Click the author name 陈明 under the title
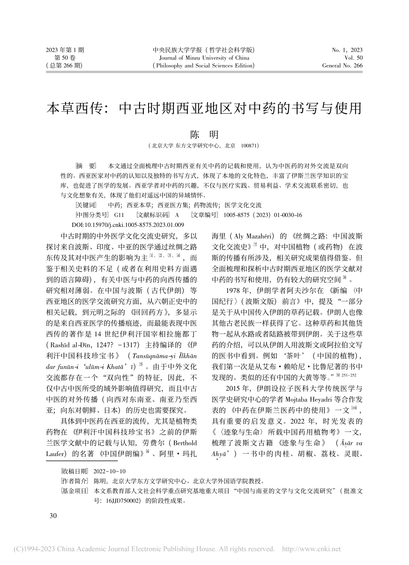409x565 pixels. pyautogui.click(x=204, y=134)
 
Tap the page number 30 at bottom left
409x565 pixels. pyautogui.click(x=53, y=516)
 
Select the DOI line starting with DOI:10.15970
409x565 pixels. pyautogui.click(x=127, y=224)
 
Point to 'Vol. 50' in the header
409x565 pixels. pyautogui.click(x=353, y=58)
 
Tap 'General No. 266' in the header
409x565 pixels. pyautogui.click(x=342, y=66)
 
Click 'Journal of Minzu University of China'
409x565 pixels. pyautogui.click(x=204, y=58)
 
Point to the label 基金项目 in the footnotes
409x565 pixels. pyautogui.click(x=75, y=490)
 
